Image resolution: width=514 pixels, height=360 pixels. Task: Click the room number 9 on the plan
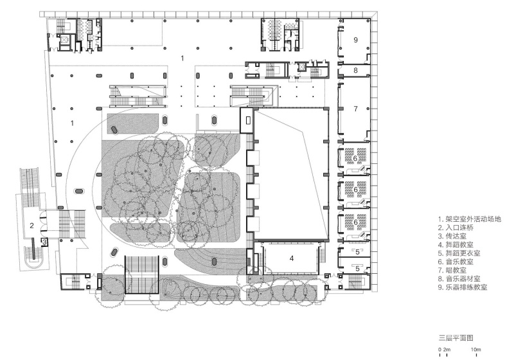[x=355, y=40]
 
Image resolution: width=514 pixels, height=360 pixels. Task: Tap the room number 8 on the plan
[x=355, y=70]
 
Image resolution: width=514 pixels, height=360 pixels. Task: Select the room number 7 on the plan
[x=355, y=109]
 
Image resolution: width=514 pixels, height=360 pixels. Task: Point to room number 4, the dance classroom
[x=292, y=258]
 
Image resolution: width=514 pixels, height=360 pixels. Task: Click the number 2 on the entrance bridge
[x=31, y=226]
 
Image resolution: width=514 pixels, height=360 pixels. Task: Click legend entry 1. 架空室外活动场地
[x=470, y=219]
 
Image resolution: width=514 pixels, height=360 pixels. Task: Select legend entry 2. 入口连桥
[x=456, y=228]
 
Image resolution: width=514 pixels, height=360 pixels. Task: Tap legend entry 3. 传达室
[x=452, y=236]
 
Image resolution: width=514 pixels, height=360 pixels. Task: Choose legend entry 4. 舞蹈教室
[x=456, y=244]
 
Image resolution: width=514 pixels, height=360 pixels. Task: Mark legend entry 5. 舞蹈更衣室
[x=459, y=253]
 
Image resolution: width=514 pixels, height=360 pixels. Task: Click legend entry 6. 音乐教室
[x=456, y=262]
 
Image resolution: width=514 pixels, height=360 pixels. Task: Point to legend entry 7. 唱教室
[x=452, y=270]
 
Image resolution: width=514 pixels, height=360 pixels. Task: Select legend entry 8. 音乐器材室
[x=459, y=279]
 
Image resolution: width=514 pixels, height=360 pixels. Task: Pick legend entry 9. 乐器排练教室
[x=463, y=287]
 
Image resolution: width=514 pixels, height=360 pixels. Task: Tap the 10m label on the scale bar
[x=476, y=350]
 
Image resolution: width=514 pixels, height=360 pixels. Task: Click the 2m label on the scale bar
[x=447, y=350]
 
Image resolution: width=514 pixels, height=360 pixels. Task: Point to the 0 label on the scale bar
[x=440, y=350]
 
